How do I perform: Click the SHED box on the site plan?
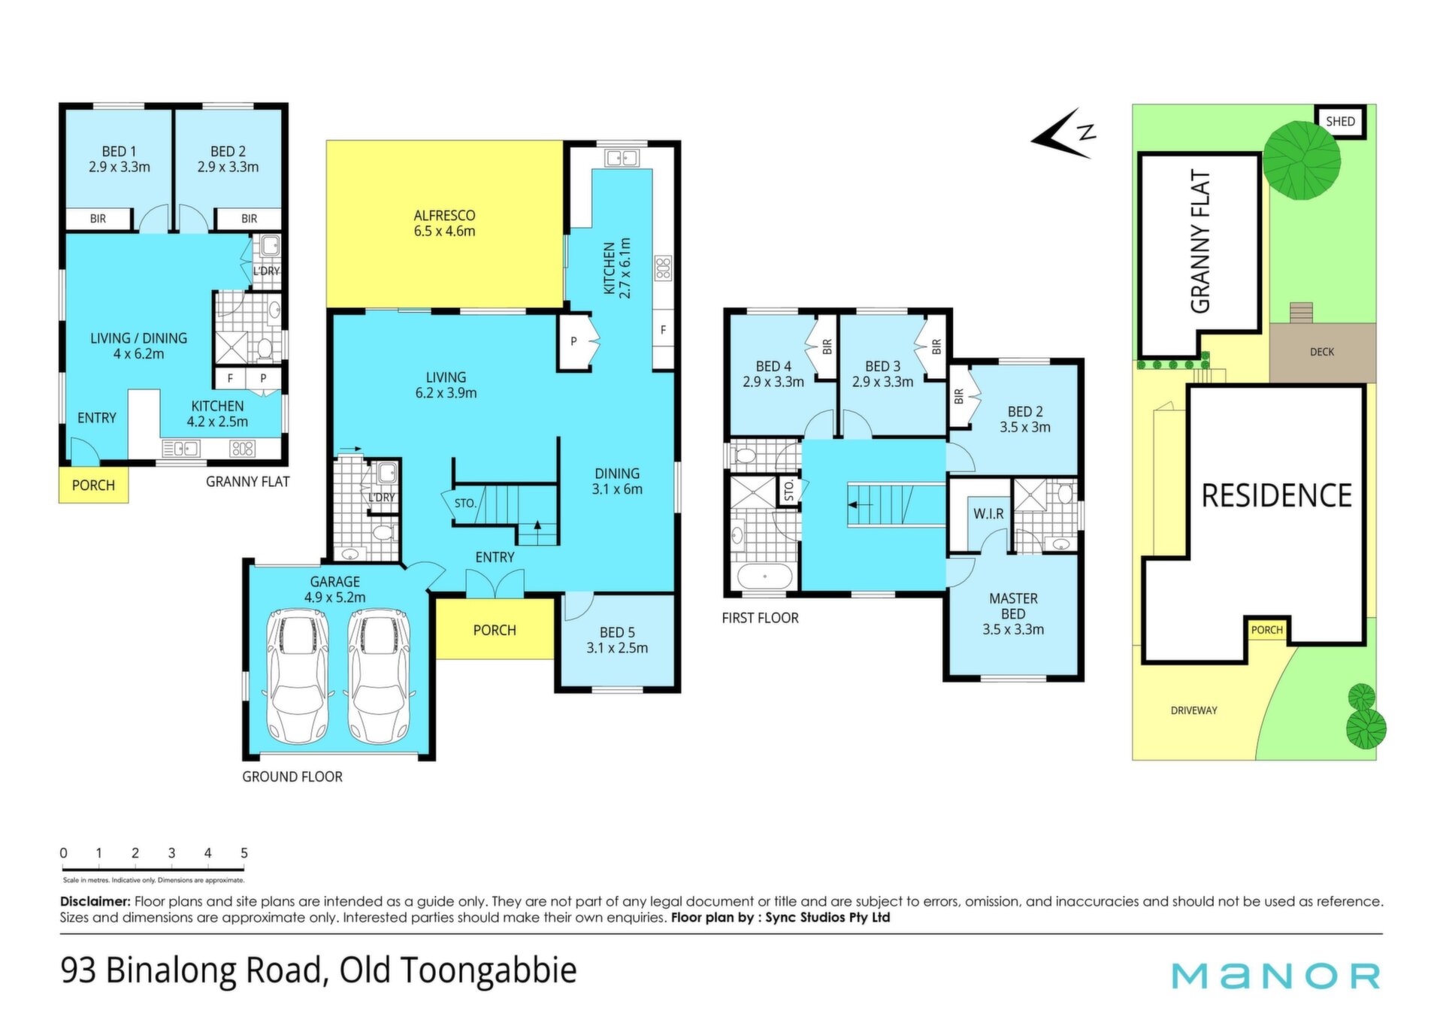click(x=1340, y=121)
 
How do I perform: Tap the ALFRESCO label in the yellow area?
click(x=444, y=216)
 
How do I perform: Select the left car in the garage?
click(x=298, y=675)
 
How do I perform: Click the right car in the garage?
click(x=379, y=675)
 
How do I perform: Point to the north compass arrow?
click(x=1063, y=134)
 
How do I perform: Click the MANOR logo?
click(x=1276, y=976)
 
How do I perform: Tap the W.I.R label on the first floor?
click(x=988, y=513)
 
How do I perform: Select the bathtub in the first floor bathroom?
click(x=764, y=577)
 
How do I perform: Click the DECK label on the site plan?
click(x=1322, y=352)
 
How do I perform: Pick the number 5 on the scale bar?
click(x=244, y=853)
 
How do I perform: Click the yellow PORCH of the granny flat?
click(x=93, y=485)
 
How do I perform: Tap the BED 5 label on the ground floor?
click(x=617, y=632)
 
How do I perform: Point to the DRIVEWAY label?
click(x=1194, y=710)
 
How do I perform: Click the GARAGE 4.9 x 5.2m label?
click(x=335, y=589)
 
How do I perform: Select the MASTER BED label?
click(x=1013, y=606)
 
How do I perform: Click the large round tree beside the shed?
click(x=1301, y=160)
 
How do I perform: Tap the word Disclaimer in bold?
click(x=95, y=901)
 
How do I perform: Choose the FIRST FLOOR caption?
click(x=760, y=618)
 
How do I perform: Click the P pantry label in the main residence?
click(x=573, y=341)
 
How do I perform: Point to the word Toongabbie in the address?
click(x=488, y=970)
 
